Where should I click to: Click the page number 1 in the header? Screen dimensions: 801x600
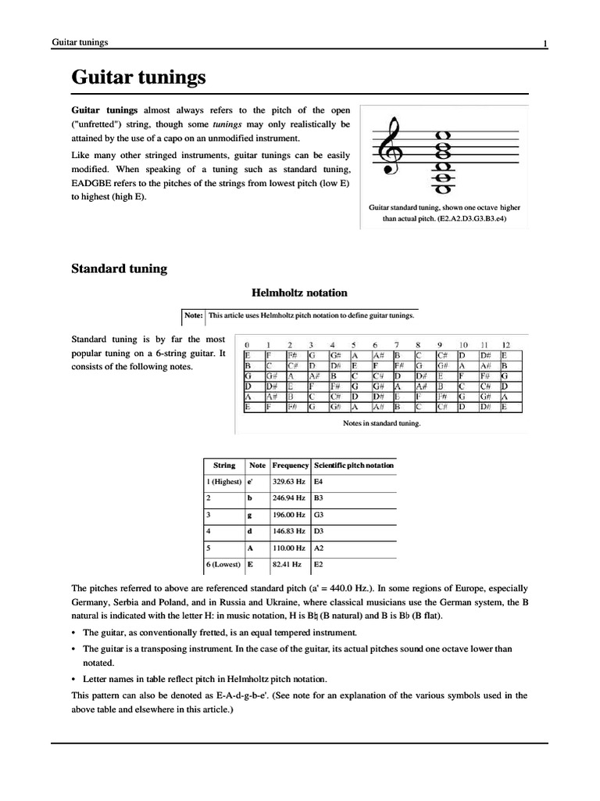[x=545, y=44]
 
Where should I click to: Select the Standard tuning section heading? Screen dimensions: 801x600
[x=119, y=268]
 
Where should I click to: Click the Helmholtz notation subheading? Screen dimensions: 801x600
[x=299, y=293]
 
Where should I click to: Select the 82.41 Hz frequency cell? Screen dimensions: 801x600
[x=287, y=562]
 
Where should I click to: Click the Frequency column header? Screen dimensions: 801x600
[x=291, y=465]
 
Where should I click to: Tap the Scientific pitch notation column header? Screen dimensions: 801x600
[x=353, y=465]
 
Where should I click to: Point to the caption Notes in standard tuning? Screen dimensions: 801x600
[x=382, y=423]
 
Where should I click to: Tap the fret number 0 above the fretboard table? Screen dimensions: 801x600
[x=247, y=345]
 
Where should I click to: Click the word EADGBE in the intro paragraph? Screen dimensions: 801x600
[x=93, y=182]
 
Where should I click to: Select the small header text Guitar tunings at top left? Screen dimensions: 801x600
[x=80, y=41]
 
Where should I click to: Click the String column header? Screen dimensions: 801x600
[x=224, y=465]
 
